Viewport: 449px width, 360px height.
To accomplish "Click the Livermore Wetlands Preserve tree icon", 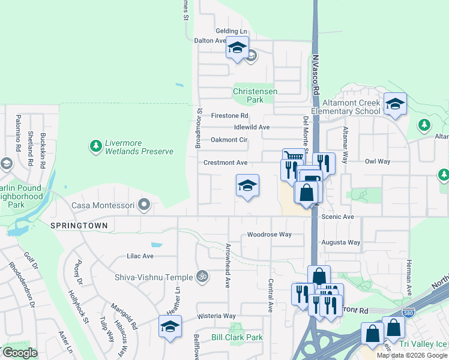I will point(95,145).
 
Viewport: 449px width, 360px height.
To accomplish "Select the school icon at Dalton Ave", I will point(237,48).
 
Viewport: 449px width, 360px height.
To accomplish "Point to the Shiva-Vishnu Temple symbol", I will point(203,277).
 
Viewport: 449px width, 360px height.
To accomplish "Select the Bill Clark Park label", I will point(237,337).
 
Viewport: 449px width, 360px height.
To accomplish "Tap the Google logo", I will point(20,353).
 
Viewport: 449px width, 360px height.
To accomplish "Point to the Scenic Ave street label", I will point(338,217).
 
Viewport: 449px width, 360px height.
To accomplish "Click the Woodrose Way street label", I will point(269,235).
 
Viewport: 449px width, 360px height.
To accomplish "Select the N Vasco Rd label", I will point(315,75).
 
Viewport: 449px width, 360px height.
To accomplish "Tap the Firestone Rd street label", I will point(229,115).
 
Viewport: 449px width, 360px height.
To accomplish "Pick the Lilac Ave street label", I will point(140,256).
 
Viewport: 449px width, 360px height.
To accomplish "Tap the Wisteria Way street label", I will point(217,316).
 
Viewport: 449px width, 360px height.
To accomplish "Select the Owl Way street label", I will point(378,161).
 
